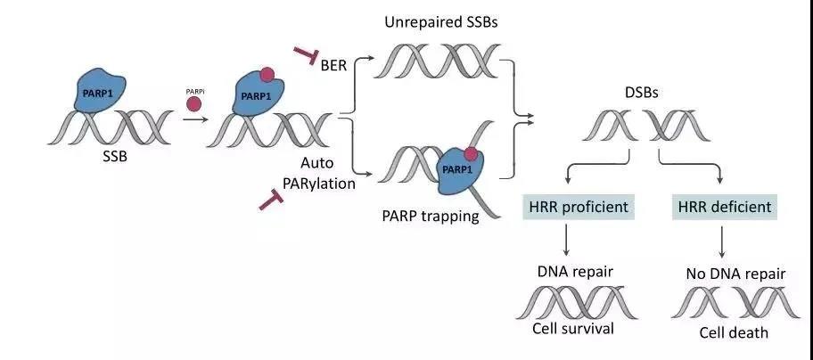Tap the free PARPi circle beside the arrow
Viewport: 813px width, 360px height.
pos(193,103)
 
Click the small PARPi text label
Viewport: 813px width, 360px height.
pos(193,85)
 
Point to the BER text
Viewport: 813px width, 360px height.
pos(340,66)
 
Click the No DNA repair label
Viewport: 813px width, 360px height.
pos(735,274)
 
